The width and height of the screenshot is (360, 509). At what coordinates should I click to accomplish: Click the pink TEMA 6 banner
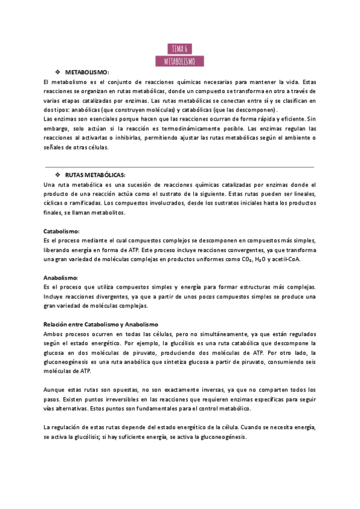(x=179, y=49)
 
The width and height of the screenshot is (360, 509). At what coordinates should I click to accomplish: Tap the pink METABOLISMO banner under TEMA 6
(x=179, y=61)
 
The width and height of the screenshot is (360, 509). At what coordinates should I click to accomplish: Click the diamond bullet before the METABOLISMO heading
(x=58, y=72)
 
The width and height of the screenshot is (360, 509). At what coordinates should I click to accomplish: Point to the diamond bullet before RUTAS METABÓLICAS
(x=58, y=175)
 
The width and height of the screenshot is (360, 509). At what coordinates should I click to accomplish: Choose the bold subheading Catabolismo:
(x=62, y=231)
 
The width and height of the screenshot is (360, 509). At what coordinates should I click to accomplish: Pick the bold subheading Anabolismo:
(x=61, y=278)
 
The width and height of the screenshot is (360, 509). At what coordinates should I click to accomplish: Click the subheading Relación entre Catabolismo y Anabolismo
(x=100, y=324)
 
